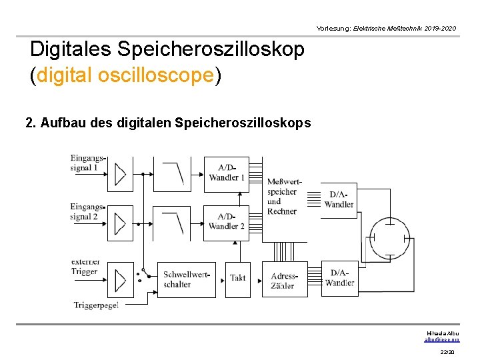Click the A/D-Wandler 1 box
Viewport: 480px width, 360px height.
(226, 173)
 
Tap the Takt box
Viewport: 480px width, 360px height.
(238, 279)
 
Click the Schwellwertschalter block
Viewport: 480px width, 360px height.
(186, 279)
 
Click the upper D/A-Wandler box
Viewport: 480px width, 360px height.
(339, 199)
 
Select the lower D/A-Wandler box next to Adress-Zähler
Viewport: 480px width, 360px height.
(339, 278)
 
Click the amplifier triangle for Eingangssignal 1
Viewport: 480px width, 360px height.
(120, 174)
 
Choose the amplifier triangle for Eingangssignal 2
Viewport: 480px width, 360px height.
(120, 223)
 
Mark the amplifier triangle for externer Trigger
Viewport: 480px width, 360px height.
(120, 279)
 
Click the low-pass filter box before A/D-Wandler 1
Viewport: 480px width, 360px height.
(172, 173)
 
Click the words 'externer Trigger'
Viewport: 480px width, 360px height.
(85, 267)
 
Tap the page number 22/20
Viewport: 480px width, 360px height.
(447, 352)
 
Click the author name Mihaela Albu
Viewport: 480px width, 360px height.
(443, 333)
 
